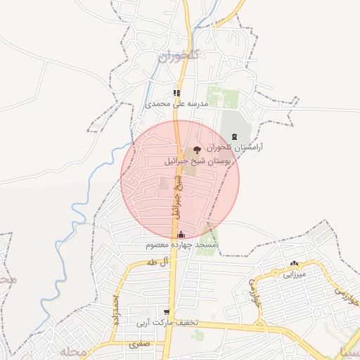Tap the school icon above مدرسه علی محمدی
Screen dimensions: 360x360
pyautogui.click(x=178, y=93)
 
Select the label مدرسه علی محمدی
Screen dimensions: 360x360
pyautogui.click(x=178, y=103)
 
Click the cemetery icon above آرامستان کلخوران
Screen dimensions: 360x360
pyautogui.click(x=234, y=137)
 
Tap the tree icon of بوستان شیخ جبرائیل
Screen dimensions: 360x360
pyautogui.click(x=196, y=148)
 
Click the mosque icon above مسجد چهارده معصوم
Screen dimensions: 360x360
pyautogui.click(x=181, y=235)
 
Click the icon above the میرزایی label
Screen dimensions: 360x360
pyautogui.click(x=294, y=264)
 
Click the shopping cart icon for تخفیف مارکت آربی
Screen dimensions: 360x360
pyautogui.click(x=167, y=311)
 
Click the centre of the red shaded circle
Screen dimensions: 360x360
pyautogui.click(x=180, y=179)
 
